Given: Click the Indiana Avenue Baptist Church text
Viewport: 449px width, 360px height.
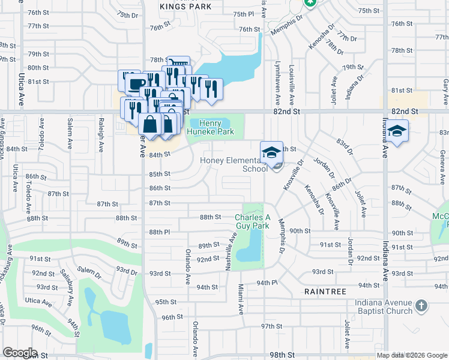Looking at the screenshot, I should [x=384, y=307].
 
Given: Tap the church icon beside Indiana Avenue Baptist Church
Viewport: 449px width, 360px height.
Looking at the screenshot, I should [x=421, y=306].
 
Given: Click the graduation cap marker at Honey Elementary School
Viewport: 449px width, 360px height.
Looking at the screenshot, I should [x=271, y=152].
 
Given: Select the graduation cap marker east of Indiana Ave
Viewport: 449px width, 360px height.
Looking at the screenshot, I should [x=397, y=131].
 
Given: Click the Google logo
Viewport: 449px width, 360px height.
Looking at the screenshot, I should [x=20, y=353].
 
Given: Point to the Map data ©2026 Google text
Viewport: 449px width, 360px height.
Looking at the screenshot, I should [x=412, y=355].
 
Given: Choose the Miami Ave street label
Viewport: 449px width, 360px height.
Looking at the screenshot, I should [x=240, y=299].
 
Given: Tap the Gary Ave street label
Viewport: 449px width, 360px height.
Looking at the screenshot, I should [x=445, y=87].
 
